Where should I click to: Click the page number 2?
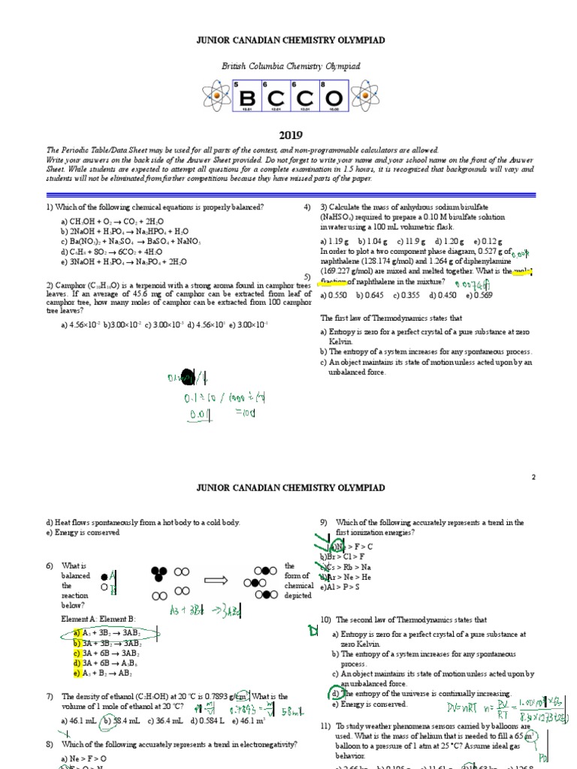coord(533,476)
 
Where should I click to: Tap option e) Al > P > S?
coord(340,587)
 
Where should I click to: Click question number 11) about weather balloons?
coord(325,726)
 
